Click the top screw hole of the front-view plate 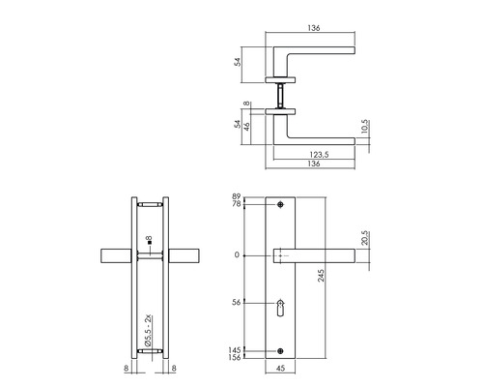click(279, 206)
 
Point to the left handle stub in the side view click(115, 255)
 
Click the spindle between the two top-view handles click(280, 96)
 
